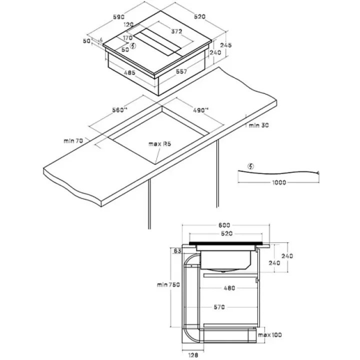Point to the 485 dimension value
click(129, 73)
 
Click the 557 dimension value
click(181, 72)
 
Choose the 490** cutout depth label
click(200, 110)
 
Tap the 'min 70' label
click(73, 141)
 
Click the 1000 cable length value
click(280, 182)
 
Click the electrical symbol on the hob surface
click(132, 46)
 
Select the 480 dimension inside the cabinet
click(229, 288)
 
